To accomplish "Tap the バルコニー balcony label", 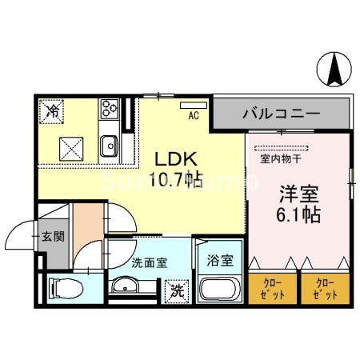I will click(x=281, y=114).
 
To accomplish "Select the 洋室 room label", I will click(x=298, y=194).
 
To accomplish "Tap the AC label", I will click(x=193, y=116).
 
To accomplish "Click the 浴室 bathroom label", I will click(x=219, y=260).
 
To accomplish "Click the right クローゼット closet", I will click(x=323, y=287).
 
